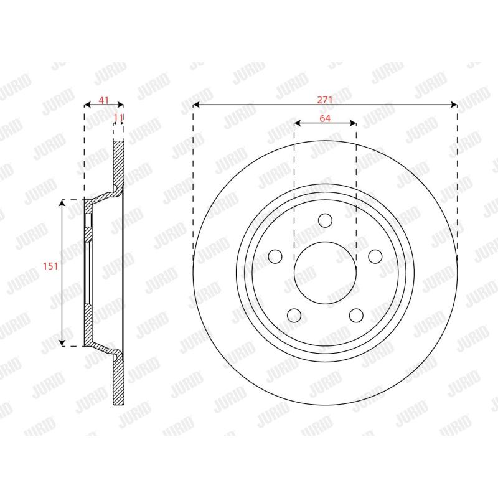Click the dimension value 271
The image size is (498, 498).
tap(324, 100)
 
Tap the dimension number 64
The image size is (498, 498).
tap(325, 118)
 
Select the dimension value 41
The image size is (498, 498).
tap(103, 100)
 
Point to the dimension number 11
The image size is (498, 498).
tap(118, 118)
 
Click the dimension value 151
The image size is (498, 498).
tap(50, 266)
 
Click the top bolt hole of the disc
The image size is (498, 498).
tap(325, 220)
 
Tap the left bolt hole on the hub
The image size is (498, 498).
tap(275, 256)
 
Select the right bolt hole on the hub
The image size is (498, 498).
tap(375, 256)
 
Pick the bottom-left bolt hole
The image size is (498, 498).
tap(294, 315)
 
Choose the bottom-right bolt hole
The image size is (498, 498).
tap(356, 315)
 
